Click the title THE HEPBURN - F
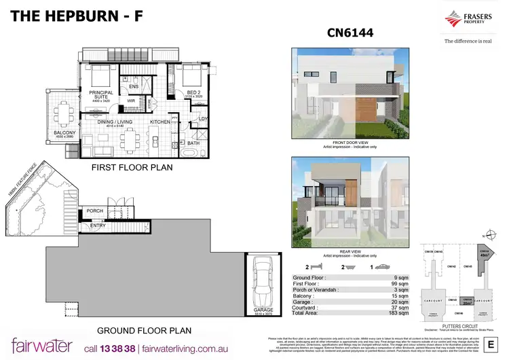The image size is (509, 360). pos(77,15)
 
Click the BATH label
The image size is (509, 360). pos(193,143)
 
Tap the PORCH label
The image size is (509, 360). pos(94,211)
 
